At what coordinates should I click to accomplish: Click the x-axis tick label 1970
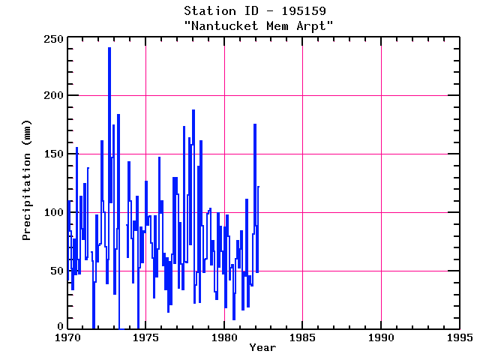point(67,337)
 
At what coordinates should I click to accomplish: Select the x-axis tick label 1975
point(145,337)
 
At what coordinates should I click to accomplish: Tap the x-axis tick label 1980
point(224,337)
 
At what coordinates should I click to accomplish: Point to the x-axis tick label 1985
point(302,337)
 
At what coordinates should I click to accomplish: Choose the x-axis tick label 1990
point(381,337)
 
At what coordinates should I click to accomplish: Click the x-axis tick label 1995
point(459,337)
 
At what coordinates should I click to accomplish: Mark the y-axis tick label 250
point(52,38)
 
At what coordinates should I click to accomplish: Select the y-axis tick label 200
point(52,96)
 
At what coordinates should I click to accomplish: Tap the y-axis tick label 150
point(52,154)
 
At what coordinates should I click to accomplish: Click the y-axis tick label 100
point(52,211)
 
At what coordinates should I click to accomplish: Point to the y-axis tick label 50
point(55,270)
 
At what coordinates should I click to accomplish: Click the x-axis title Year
point(262,347)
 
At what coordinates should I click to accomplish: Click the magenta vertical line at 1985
point(302,187)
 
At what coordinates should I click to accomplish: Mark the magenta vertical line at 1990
point(381,187)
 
